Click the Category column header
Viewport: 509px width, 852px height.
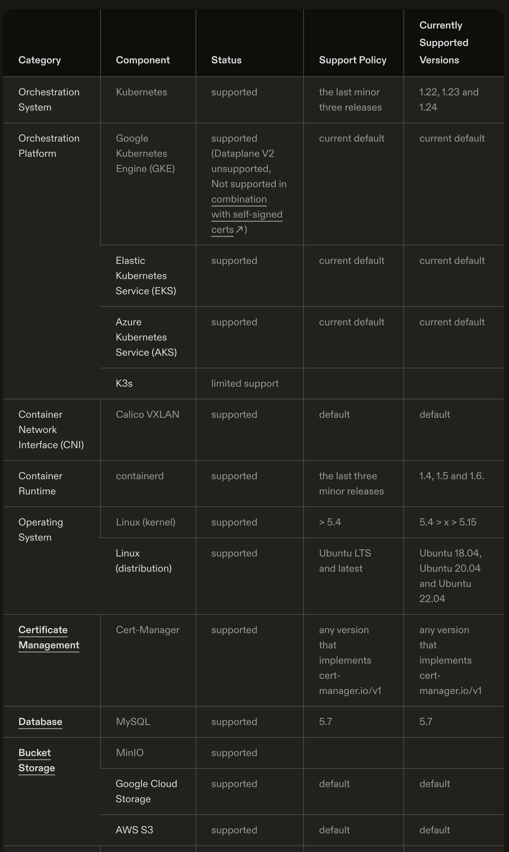tap(39, 60)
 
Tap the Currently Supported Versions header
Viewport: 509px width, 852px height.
tap(443, 42)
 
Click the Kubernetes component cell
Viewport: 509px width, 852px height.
tap(141, 92)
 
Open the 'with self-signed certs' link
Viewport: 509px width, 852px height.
tap(247, 214)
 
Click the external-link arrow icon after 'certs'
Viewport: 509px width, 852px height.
tap(239, 229)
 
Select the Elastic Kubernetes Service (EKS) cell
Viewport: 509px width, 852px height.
tap(146, 276)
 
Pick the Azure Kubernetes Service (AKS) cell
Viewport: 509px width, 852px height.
tap(146, 337)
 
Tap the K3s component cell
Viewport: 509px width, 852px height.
tap(124, 383)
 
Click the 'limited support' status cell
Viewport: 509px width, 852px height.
tap(245, 383)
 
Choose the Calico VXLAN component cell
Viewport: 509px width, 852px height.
tap(147, 414)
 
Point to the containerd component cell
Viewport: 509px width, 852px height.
tap(139, 476)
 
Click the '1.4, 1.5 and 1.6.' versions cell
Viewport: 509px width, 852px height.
tap(451, 476)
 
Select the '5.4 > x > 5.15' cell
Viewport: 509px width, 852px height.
tap(448, 522)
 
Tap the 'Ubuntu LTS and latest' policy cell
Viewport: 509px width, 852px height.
tap(345, 561)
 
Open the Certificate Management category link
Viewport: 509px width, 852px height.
tap(49, 638)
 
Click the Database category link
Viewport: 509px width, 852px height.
tap(40, 722)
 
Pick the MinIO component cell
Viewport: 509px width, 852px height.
tap(130, 753)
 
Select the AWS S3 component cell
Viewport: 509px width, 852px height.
tap(134, 830)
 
